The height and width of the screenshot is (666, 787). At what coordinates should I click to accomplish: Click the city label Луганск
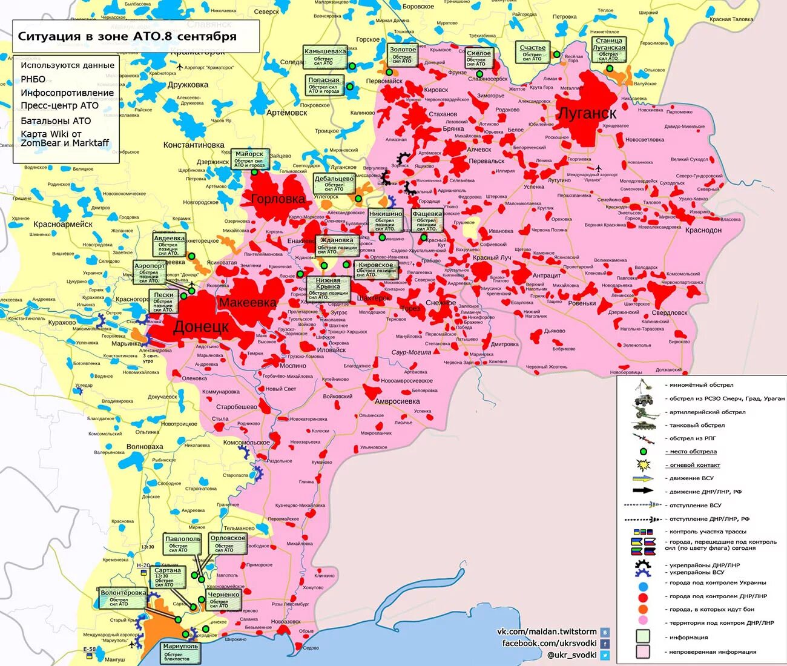(x=586, y=113)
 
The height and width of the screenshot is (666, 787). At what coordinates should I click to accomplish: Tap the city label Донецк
(x=201, y=328)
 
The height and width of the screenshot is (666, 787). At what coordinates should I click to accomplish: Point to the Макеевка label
(x=248, y=303)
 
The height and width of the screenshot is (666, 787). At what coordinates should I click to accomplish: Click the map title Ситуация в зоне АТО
(x=127, y=36)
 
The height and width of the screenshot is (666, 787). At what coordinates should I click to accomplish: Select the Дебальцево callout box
(x=334, y=183)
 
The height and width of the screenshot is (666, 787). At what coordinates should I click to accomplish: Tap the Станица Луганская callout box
(x=608, y=49)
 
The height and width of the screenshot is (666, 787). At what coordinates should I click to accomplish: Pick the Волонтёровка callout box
(x=123, y=598)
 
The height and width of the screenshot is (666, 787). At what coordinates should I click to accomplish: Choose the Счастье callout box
(x=532, y=51)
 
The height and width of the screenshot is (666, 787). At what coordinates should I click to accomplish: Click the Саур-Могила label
(x=411, y=352)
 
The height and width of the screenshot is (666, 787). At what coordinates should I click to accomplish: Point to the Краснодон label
(x=703, y=230)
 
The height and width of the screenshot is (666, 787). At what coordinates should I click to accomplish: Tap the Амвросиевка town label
(x=397, y=401)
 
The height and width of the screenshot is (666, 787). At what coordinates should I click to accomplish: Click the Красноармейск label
(x=63, y=224)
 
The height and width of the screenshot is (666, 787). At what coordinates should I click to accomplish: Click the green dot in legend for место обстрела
(x=643, y=451)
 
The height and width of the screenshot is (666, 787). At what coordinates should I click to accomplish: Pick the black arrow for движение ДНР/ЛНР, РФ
(x=643, y=490)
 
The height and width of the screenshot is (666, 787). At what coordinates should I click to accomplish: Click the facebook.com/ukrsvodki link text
(x=549, y=643)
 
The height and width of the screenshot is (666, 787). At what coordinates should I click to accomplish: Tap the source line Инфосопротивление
(x=67, y=93)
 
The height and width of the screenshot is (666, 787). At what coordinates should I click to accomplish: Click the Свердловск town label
(x=669, y=313)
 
